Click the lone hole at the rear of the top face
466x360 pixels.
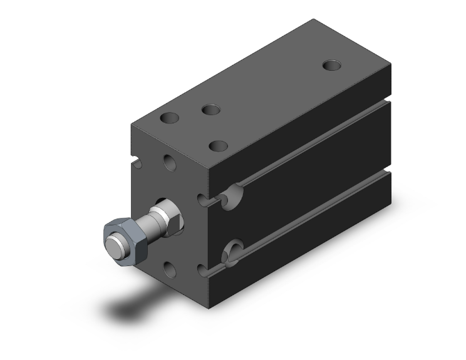point(332,64)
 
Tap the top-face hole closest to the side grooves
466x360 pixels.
point(219,146)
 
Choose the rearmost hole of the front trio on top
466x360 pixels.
point(211,110)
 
